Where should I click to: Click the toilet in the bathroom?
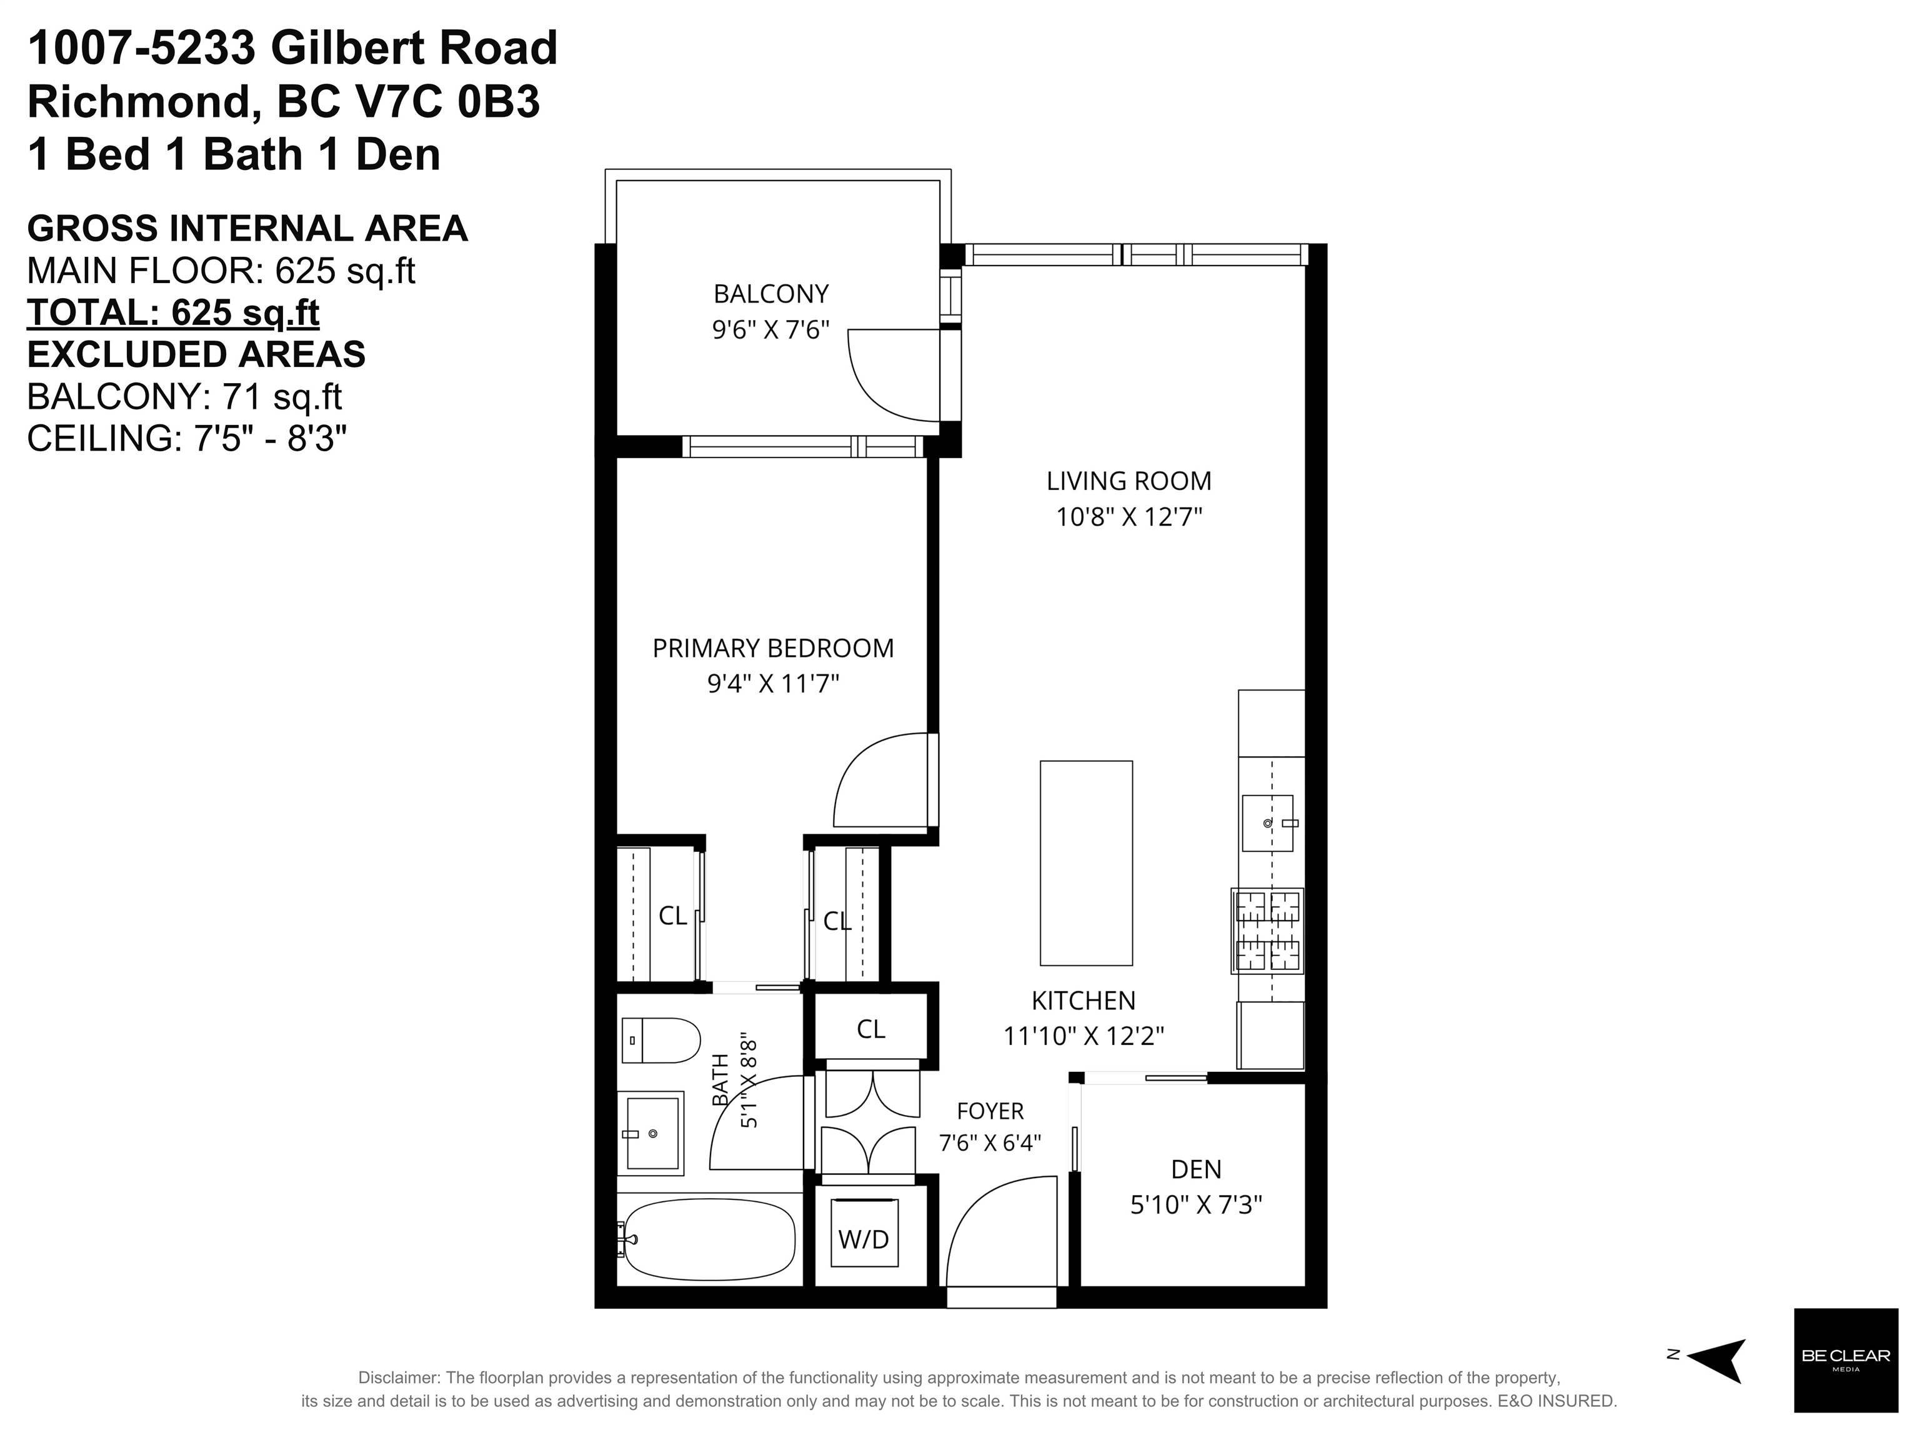click(x=661, y=1040)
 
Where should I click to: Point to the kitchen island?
click(x=1086, y=863)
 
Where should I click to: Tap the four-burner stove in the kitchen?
click(x=1267, y=931)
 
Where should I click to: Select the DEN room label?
click(x=1197, y=1169)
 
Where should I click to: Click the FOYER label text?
click(x=990, y=1111)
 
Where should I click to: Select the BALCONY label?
click(x=771, y=294)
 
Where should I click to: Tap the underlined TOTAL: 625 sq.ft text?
click(x=174, y=313)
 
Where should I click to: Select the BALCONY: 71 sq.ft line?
click(x=185, y=396)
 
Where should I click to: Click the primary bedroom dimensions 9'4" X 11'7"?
click(x=773, y=685)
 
